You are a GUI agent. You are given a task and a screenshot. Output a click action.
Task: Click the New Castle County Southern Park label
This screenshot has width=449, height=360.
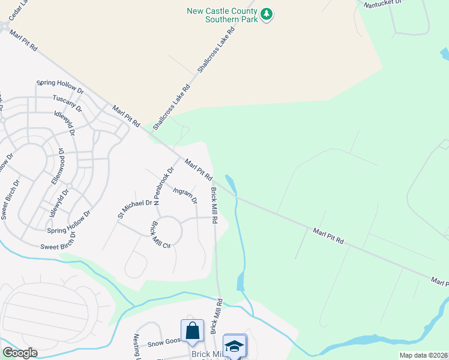222,14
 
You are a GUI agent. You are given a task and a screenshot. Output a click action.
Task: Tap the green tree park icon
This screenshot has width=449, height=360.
267,13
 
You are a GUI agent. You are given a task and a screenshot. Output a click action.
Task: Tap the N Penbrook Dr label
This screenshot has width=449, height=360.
163,187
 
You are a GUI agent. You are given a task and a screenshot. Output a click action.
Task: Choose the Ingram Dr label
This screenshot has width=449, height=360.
185,196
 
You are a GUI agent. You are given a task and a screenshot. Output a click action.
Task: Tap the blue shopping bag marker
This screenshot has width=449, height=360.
192,331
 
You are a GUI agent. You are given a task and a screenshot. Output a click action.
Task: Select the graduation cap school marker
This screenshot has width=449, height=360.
234,345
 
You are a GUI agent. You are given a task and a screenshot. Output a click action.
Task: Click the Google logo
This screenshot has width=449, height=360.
19,353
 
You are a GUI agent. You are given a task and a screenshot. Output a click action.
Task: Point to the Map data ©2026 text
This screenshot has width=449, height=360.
423,355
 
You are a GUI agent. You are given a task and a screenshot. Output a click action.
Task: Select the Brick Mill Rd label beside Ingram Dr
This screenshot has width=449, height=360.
214,205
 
